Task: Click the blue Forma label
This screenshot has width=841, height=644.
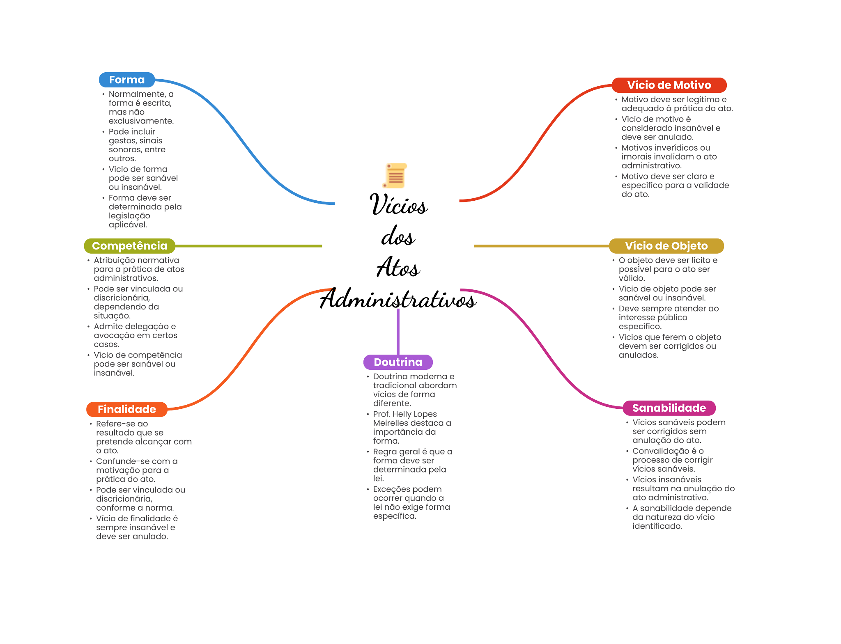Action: click(x=126, y=80)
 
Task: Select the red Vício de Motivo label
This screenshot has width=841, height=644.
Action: click(x=669, y=85)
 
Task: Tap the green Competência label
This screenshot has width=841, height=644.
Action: click(x=129, y=246)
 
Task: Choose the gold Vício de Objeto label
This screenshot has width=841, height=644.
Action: click(x=666, y=246)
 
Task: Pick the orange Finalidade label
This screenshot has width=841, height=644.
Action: click(x=126, y=409)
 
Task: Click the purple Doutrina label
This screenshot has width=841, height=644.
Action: click(x=398, y=362)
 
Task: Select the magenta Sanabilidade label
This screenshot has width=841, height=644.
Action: click(x=669, y=408)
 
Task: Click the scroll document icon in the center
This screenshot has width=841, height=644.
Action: click(x=395, y=176)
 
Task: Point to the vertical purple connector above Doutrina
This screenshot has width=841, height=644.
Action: click(x=398, y=330)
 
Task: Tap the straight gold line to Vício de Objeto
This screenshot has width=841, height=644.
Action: click(x=540, y=246)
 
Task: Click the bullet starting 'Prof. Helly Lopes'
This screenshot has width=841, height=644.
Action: click(x=411, y=427)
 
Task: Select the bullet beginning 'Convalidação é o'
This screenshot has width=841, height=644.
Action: click(x=672, y=460)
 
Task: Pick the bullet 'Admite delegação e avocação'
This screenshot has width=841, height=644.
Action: click(x=135, y=335)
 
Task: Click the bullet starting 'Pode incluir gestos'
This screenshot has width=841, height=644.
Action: click(x=137, y=145)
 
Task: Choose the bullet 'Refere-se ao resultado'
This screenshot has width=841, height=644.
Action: click(x=143, y=437)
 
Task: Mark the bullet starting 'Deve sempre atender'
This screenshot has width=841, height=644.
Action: click(x=668, y=317)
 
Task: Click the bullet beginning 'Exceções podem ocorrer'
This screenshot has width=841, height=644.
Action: click(x=411, y=502)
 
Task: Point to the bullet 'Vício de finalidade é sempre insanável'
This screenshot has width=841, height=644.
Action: click(x=136, y=527)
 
